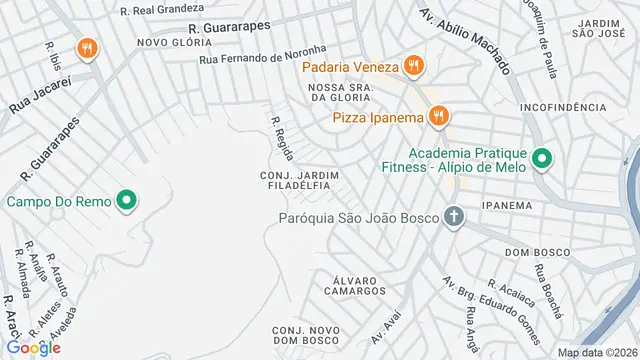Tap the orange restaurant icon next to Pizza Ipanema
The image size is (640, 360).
437,118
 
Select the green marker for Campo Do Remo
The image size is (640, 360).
126,201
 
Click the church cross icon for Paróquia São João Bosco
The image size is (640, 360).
454,217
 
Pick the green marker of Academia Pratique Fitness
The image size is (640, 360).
541,159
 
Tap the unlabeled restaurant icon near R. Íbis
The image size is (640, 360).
89,47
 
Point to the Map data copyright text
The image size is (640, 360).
596,352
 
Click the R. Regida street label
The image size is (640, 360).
282,138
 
